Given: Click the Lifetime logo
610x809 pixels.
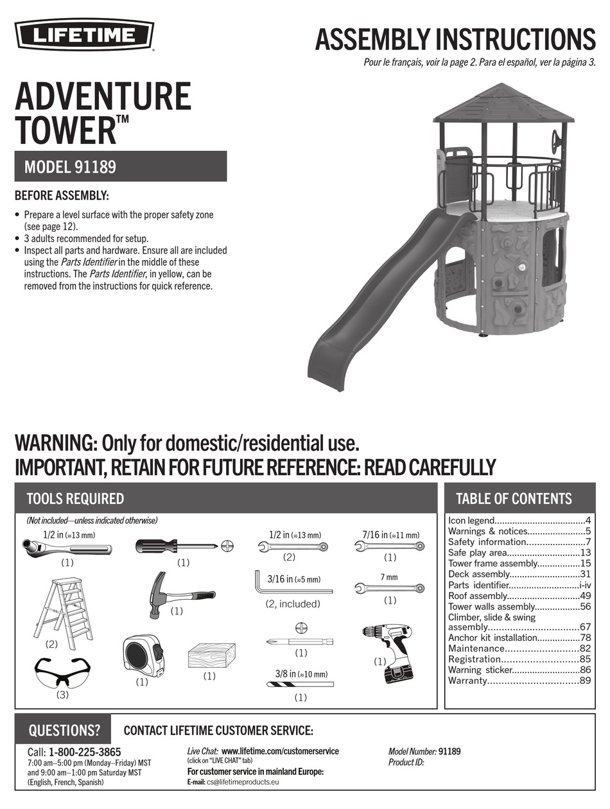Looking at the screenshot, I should pos(84,34).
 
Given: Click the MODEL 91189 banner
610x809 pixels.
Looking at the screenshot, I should pos(121,166).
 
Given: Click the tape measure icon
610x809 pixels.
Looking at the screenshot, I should pos(143,656).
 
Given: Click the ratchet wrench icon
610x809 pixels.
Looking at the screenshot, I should pos(66,548).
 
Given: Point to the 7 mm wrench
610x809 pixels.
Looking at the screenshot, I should pos(389,587).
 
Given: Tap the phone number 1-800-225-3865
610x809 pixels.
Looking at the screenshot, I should pos(85,752).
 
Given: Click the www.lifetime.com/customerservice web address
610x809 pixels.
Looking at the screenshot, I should pos(280,751).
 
